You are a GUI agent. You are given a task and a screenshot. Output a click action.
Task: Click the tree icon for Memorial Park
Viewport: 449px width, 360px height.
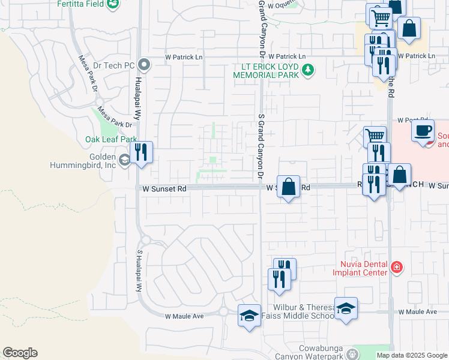point(308,71)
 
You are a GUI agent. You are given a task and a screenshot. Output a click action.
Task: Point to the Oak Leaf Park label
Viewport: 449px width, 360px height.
point(110,139)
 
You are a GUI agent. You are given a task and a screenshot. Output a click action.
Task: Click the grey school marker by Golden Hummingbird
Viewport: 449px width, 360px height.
point(125,160)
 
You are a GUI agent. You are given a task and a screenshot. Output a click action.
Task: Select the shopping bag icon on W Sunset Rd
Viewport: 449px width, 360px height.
point(289,186)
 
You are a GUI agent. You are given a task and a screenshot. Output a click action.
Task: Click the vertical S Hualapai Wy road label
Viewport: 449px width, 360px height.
point(139,270)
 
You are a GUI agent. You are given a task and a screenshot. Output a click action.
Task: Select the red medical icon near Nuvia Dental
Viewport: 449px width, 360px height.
point(396,267)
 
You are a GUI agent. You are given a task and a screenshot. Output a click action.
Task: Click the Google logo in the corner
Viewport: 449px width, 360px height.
point(20,353)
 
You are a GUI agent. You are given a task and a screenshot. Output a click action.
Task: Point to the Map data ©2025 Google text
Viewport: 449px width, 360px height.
point(411,355)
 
